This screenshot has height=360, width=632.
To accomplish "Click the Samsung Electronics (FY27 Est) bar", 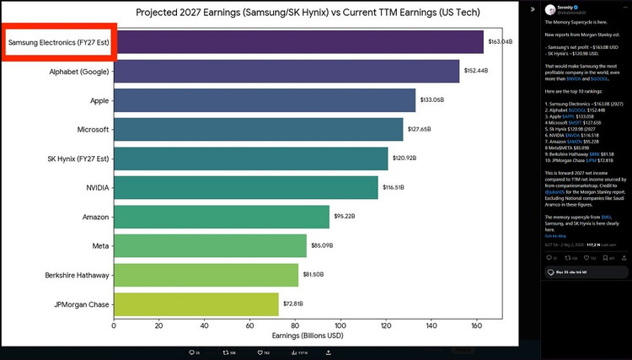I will pos(298,42).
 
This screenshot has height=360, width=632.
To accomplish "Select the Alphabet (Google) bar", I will pos(287,71).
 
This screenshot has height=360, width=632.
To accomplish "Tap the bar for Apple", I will pos(265,100).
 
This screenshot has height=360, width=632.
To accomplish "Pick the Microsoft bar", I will pos(258,129).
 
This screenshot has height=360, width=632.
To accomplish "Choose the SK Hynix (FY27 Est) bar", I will pos(250,159).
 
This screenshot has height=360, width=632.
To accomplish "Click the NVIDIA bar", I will pos(245,187).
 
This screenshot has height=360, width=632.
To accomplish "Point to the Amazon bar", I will pos(221,217).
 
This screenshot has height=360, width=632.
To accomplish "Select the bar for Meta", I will pos(210,246).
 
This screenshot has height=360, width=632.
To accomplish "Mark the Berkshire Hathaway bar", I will pos(206,275).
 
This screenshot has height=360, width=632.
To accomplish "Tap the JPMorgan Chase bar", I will pos(195,304).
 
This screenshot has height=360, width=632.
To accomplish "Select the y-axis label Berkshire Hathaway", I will pos(76,275).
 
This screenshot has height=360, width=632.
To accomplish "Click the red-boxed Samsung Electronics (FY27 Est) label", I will pos(59,42).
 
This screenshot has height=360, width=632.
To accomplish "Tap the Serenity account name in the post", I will pos(559,6).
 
